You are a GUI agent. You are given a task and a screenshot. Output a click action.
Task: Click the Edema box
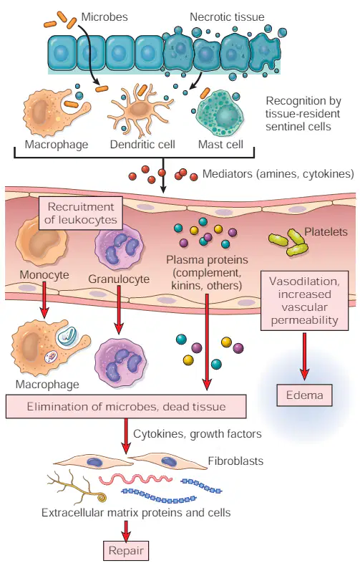304,395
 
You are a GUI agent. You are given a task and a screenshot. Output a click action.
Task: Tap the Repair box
126,550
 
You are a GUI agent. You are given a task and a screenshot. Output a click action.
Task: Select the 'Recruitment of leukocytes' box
81,213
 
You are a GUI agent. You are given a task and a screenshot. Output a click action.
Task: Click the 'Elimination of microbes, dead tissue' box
126,406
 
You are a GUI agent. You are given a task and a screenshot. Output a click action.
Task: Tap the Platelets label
326,231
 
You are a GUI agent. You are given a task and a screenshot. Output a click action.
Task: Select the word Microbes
104,16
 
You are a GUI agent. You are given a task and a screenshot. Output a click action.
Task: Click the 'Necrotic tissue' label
227,16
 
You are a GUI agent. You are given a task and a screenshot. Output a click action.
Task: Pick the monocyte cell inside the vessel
42,241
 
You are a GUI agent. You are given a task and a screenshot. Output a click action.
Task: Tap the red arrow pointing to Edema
304,356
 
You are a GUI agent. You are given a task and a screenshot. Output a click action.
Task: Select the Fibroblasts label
235,461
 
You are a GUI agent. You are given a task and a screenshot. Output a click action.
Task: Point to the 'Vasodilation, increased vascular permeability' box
304,301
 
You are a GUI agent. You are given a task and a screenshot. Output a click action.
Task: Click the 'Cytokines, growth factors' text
198,434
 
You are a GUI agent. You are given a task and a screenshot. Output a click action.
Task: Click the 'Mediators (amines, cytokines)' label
278,174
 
